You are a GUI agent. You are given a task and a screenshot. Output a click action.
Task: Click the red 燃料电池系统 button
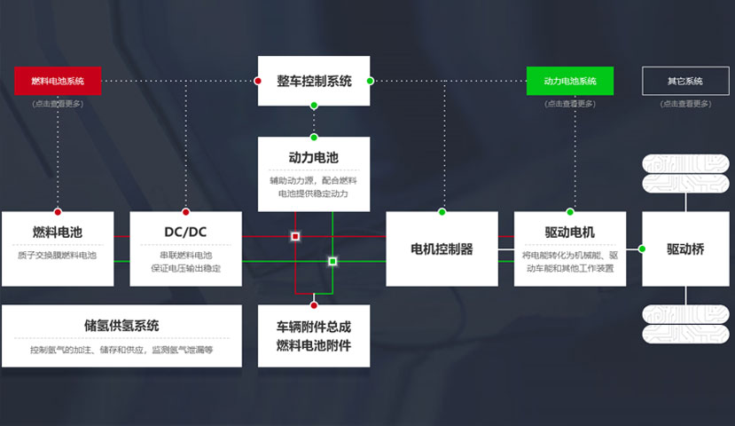tap(58, 81)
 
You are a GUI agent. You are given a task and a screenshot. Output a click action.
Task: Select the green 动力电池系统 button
tap(570, 81)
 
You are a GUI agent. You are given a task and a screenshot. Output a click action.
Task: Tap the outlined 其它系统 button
tap(685, 81)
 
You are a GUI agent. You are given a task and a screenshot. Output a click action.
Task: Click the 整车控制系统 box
tap(314, 81)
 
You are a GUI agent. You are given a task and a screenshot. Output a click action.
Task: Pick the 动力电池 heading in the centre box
tap(314, 157)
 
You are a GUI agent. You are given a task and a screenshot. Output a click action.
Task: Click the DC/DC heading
tap(185, 233)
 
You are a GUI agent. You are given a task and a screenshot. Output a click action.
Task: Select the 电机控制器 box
tap(442, 249)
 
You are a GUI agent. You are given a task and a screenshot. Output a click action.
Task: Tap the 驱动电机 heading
tap(570, 233)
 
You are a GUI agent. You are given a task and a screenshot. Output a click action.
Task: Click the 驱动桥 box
tap(685, 249)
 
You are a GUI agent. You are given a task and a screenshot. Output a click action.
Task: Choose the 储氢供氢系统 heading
tap(121, 326)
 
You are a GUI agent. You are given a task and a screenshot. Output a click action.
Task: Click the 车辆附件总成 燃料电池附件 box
tap(314, 336)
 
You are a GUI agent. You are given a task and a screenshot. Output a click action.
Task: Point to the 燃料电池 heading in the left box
tap(58, 233)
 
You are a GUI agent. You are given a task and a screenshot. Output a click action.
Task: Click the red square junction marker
tap(295, 237)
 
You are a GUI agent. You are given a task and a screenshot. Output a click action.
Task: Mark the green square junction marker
tap(332, 262)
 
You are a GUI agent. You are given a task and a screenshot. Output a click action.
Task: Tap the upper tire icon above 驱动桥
tap(685, 174)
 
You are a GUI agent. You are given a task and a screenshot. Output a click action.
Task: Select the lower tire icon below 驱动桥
tap(685, 324)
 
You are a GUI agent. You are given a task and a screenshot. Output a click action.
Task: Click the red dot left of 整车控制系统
tap(258, 81)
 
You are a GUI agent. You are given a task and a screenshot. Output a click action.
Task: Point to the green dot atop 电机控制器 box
tap(442, 212)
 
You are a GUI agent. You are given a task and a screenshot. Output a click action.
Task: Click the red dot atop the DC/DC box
tap(185, 212)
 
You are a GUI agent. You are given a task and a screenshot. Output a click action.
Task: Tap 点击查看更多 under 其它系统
tap(685, 104)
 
